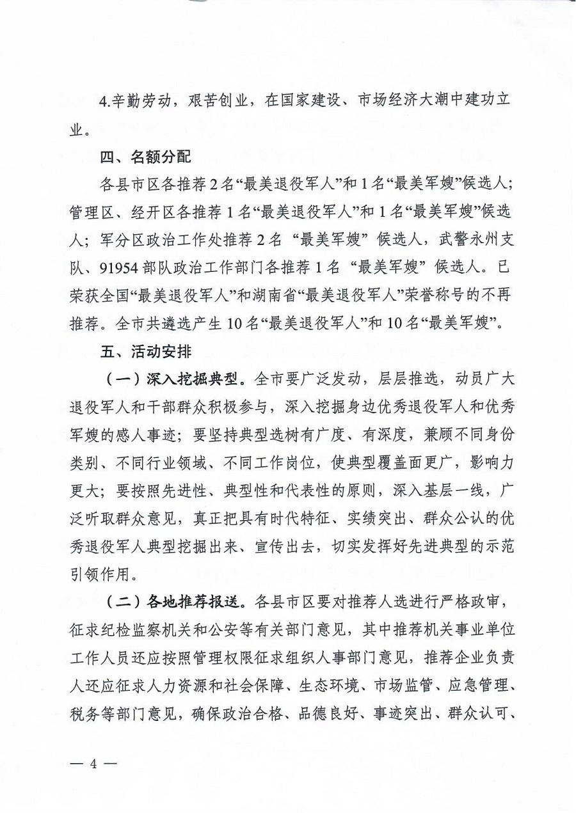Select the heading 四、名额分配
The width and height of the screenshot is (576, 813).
145,156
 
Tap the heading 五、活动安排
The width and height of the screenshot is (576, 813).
145,351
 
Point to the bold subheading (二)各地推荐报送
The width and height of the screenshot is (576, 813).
175,601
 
